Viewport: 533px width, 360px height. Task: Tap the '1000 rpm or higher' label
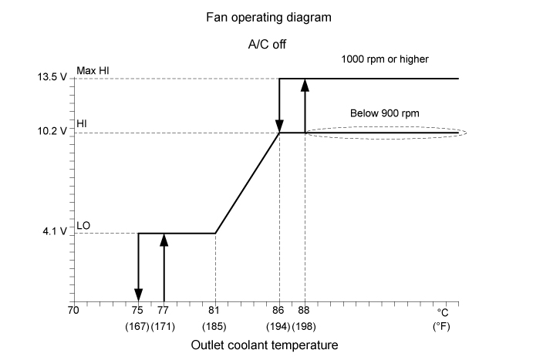pos(383,59)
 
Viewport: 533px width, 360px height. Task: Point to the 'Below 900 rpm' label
pos(385,113)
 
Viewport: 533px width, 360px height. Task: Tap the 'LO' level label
pos(84,224)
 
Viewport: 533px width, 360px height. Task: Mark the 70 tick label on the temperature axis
pos(73,311)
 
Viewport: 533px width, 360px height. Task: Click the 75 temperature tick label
pos(137,311)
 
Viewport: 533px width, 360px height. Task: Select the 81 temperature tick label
pos(214,311)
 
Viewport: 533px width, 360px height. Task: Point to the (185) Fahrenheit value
pos(214,326)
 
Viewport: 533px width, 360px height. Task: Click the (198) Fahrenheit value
pos(305,326)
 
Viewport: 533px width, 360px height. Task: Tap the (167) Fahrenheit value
pos(137,326)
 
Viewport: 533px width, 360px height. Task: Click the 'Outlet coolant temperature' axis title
pos(265,345)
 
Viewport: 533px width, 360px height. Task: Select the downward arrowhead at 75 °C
pos(138,294)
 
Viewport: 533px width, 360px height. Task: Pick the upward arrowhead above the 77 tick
pos(164,240)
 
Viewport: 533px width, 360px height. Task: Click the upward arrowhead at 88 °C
pos(305,85)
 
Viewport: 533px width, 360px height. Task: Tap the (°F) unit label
pos(442,326)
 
